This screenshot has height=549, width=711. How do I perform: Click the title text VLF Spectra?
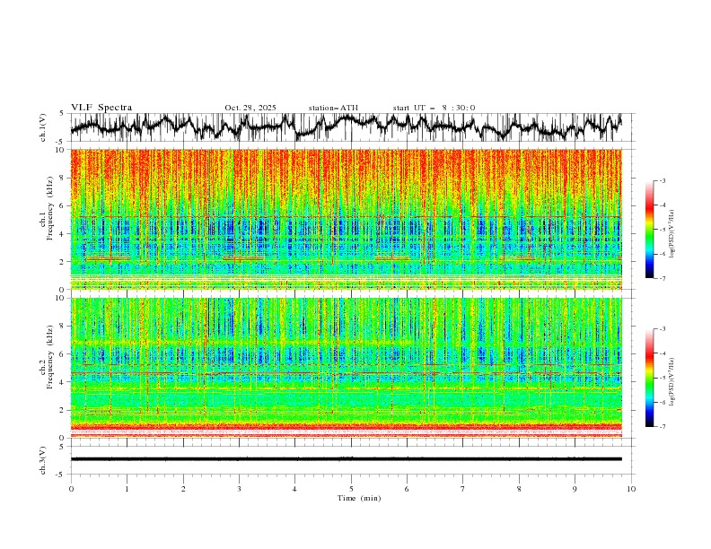[101, 108]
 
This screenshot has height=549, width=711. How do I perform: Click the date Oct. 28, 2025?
[250, 108]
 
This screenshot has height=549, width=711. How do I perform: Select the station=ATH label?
[333, 108]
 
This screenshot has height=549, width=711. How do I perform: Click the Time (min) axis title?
[351, 498]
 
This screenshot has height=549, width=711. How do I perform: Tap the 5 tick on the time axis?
[351, 489]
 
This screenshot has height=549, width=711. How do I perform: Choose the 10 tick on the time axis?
[631, 489]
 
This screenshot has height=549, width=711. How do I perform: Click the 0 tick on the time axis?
[71, 489]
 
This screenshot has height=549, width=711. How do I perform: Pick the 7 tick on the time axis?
[463, 489]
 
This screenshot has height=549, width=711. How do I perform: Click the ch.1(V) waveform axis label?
[43, 128]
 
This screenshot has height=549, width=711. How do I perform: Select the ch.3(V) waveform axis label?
[43, 458]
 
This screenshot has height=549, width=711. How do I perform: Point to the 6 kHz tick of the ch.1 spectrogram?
[61, 205]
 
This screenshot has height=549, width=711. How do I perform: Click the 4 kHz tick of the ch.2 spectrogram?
[61, 382]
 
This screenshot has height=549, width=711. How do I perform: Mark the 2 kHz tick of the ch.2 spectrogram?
[61, 410]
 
